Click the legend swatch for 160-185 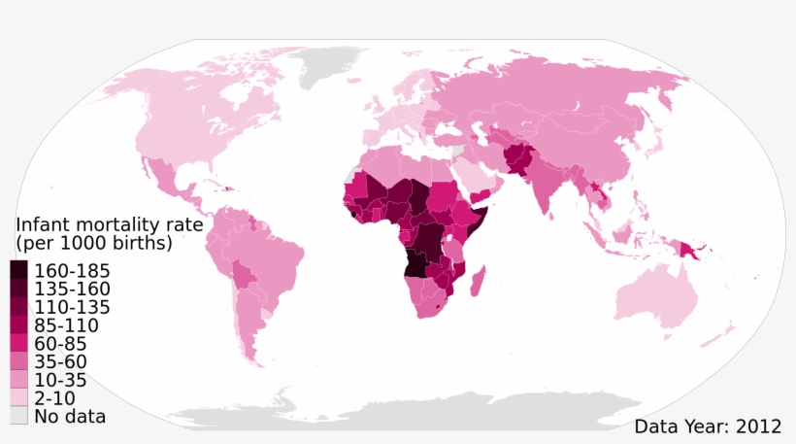pos(19,270)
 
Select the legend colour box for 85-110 pos(19,325)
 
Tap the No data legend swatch pos(19,417)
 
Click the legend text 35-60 pos(66,362)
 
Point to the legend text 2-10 pos(60,398)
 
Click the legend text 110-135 pos(72,307)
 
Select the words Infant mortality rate pos(110,224)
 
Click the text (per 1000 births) pos(94,243)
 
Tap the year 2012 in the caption pos(758,426)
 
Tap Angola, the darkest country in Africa pos(418,264)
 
